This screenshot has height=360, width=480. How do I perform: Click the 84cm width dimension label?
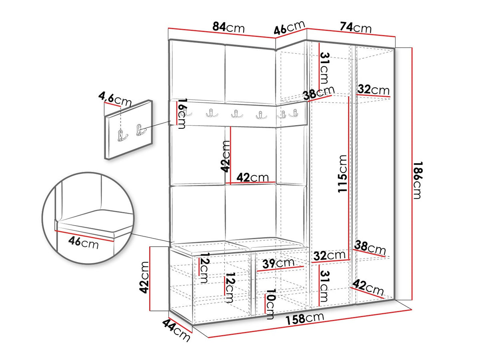click(x=228, y=28)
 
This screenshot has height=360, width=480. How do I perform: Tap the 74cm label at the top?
click(x=356, y=28)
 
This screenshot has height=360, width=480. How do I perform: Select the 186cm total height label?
click(x=418, y=180)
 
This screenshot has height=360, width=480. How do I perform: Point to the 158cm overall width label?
click(x=305, y=318)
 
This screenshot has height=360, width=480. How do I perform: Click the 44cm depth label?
click(x=176, y=330)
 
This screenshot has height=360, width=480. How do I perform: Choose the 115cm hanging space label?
click(x=342, y=174)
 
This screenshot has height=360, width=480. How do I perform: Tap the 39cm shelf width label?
click(x=278, y=263)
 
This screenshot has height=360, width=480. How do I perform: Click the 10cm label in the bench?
click(x=270, y=304)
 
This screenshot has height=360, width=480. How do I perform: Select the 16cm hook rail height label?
click(x=181, y=114)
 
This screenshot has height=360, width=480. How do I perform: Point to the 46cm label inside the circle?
click(x=83, y=243)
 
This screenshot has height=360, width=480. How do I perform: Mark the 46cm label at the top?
click(x=289, y=28)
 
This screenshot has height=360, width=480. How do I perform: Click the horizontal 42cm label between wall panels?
click(x=252, y=177)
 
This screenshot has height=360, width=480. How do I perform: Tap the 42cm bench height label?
click(x=144, y=277)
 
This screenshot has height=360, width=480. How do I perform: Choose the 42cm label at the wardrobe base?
click(x=368, y=288)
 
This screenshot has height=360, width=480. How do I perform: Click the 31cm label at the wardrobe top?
click(x=324, y=68)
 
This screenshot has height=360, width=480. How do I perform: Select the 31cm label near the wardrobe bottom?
click(x=324, y=286)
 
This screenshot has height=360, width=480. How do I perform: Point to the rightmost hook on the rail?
click(x=293, y=113)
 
